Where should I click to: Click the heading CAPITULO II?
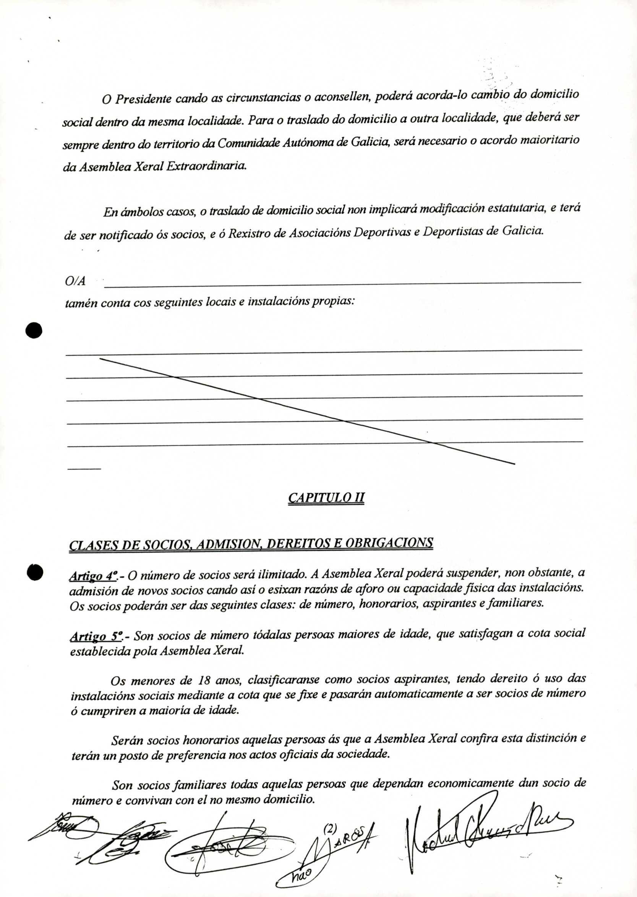point(326,498)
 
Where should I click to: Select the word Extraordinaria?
point(206,166)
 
